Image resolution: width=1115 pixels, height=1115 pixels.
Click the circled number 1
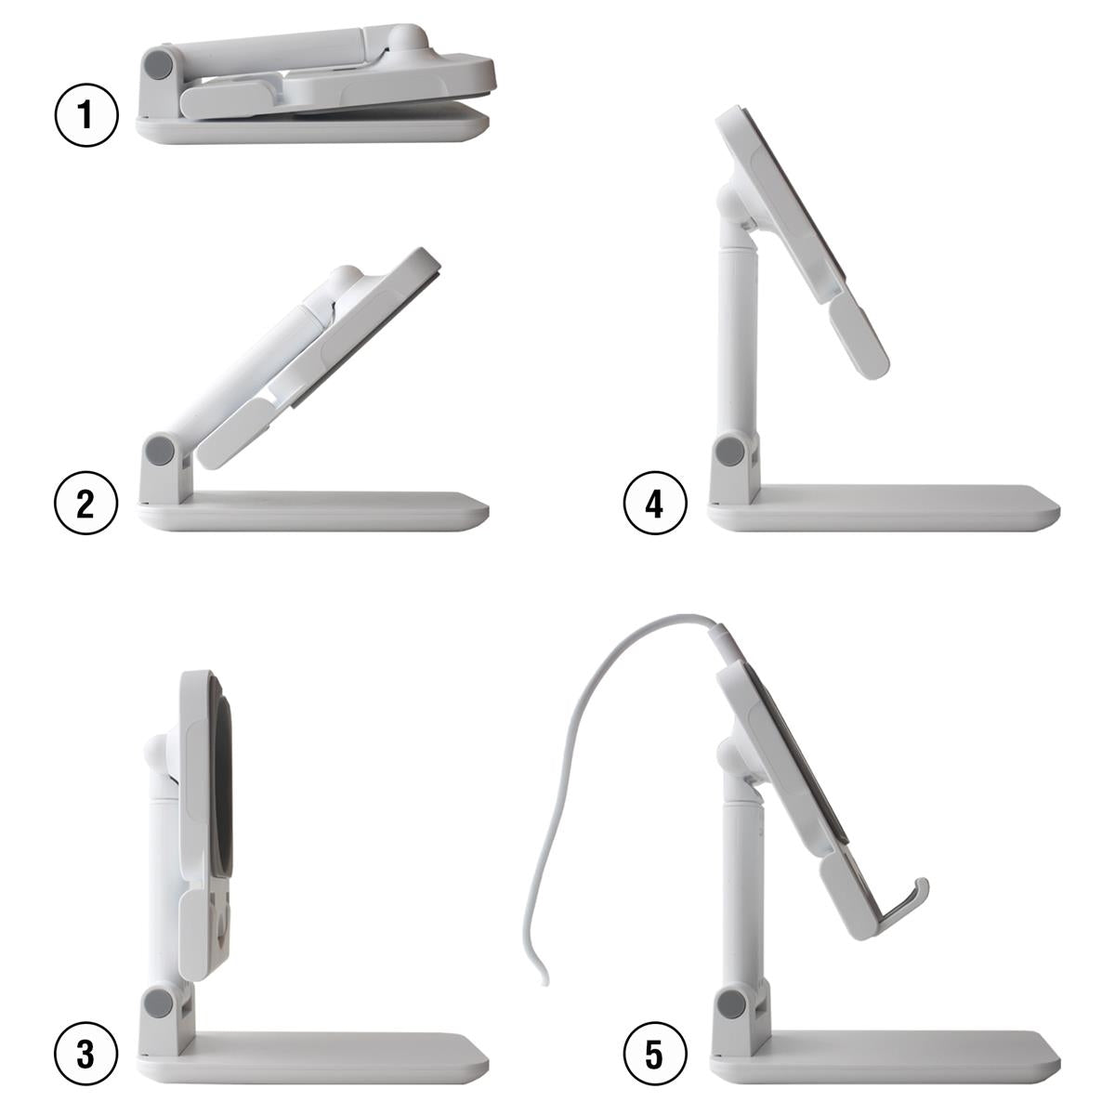coord(86,117)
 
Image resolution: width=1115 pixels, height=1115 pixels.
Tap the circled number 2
coord(86,504)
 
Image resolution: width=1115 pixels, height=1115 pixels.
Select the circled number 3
coord(86,1055)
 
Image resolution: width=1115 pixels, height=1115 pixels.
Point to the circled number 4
coord(655,504)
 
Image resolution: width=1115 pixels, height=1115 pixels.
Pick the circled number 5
coord(655,1055)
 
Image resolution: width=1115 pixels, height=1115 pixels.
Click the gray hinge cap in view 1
coord(160,64)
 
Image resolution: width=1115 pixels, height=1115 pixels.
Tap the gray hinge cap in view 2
coord(162,451)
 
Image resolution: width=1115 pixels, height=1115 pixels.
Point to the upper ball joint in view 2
coord(347,279)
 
